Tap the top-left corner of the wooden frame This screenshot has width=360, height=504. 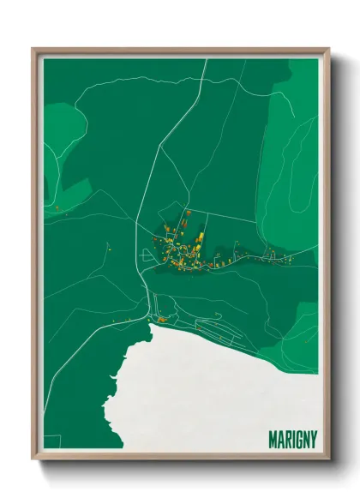pos(34,50)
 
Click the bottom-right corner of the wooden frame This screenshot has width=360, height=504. pos(327,457)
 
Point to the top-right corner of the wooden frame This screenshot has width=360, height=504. pos(327,50)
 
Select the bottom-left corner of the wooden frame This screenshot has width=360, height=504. pos(34,457)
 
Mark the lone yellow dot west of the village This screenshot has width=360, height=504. pos(109,249)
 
